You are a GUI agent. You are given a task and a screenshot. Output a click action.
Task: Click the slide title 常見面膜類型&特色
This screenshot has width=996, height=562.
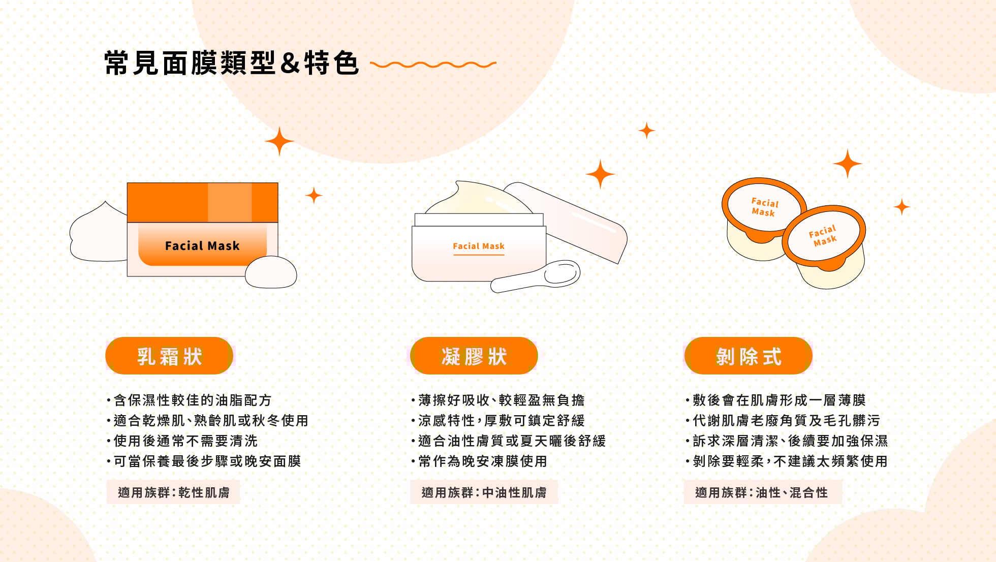231,64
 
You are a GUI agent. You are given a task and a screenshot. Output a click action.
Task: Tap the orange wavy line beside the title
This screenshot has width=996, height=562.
433,65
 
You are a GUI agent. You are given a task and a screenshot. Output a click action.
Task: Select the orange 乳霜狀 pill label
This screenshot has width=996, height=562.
169,356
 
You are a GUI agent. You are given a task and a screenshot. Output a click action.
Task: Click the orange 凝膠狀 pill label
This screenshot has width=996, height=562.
474,356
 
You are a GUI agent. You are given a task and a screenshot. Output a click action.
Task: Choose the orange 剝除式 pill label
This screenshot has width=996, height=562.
748,356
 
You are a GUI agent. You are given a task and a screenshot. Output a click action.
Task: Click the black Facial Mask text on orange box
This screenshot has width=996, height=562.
202,246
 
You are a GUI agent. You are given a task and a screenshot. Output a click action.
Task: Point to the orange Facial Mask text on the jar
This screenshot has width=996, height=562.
478,246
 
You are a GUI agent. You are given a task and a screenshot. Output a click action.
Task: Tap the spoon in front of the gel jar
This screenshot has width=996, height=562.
539,277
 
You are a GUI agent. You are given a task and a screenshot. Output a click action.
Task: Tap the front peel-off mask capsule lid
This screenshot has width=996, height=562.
823,235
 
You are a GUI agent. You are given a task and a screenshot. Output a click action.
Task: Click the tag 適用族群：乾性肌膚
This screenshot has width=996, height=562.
173,492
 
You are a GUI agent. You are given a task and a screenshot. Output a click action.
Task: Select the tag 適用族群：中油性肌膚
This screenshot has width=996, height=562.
484,492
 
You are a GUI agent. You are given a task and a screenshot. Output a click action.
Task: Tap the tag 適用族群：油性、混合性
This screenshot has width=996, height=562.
762,492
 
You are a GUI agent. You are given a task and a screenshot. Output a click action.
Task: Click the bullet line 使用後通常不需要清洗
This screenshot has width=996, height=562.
185,441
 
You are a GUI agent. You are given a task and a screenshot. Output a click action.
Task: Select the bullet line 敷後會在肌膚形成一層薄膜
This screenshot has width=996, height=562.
779,400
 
